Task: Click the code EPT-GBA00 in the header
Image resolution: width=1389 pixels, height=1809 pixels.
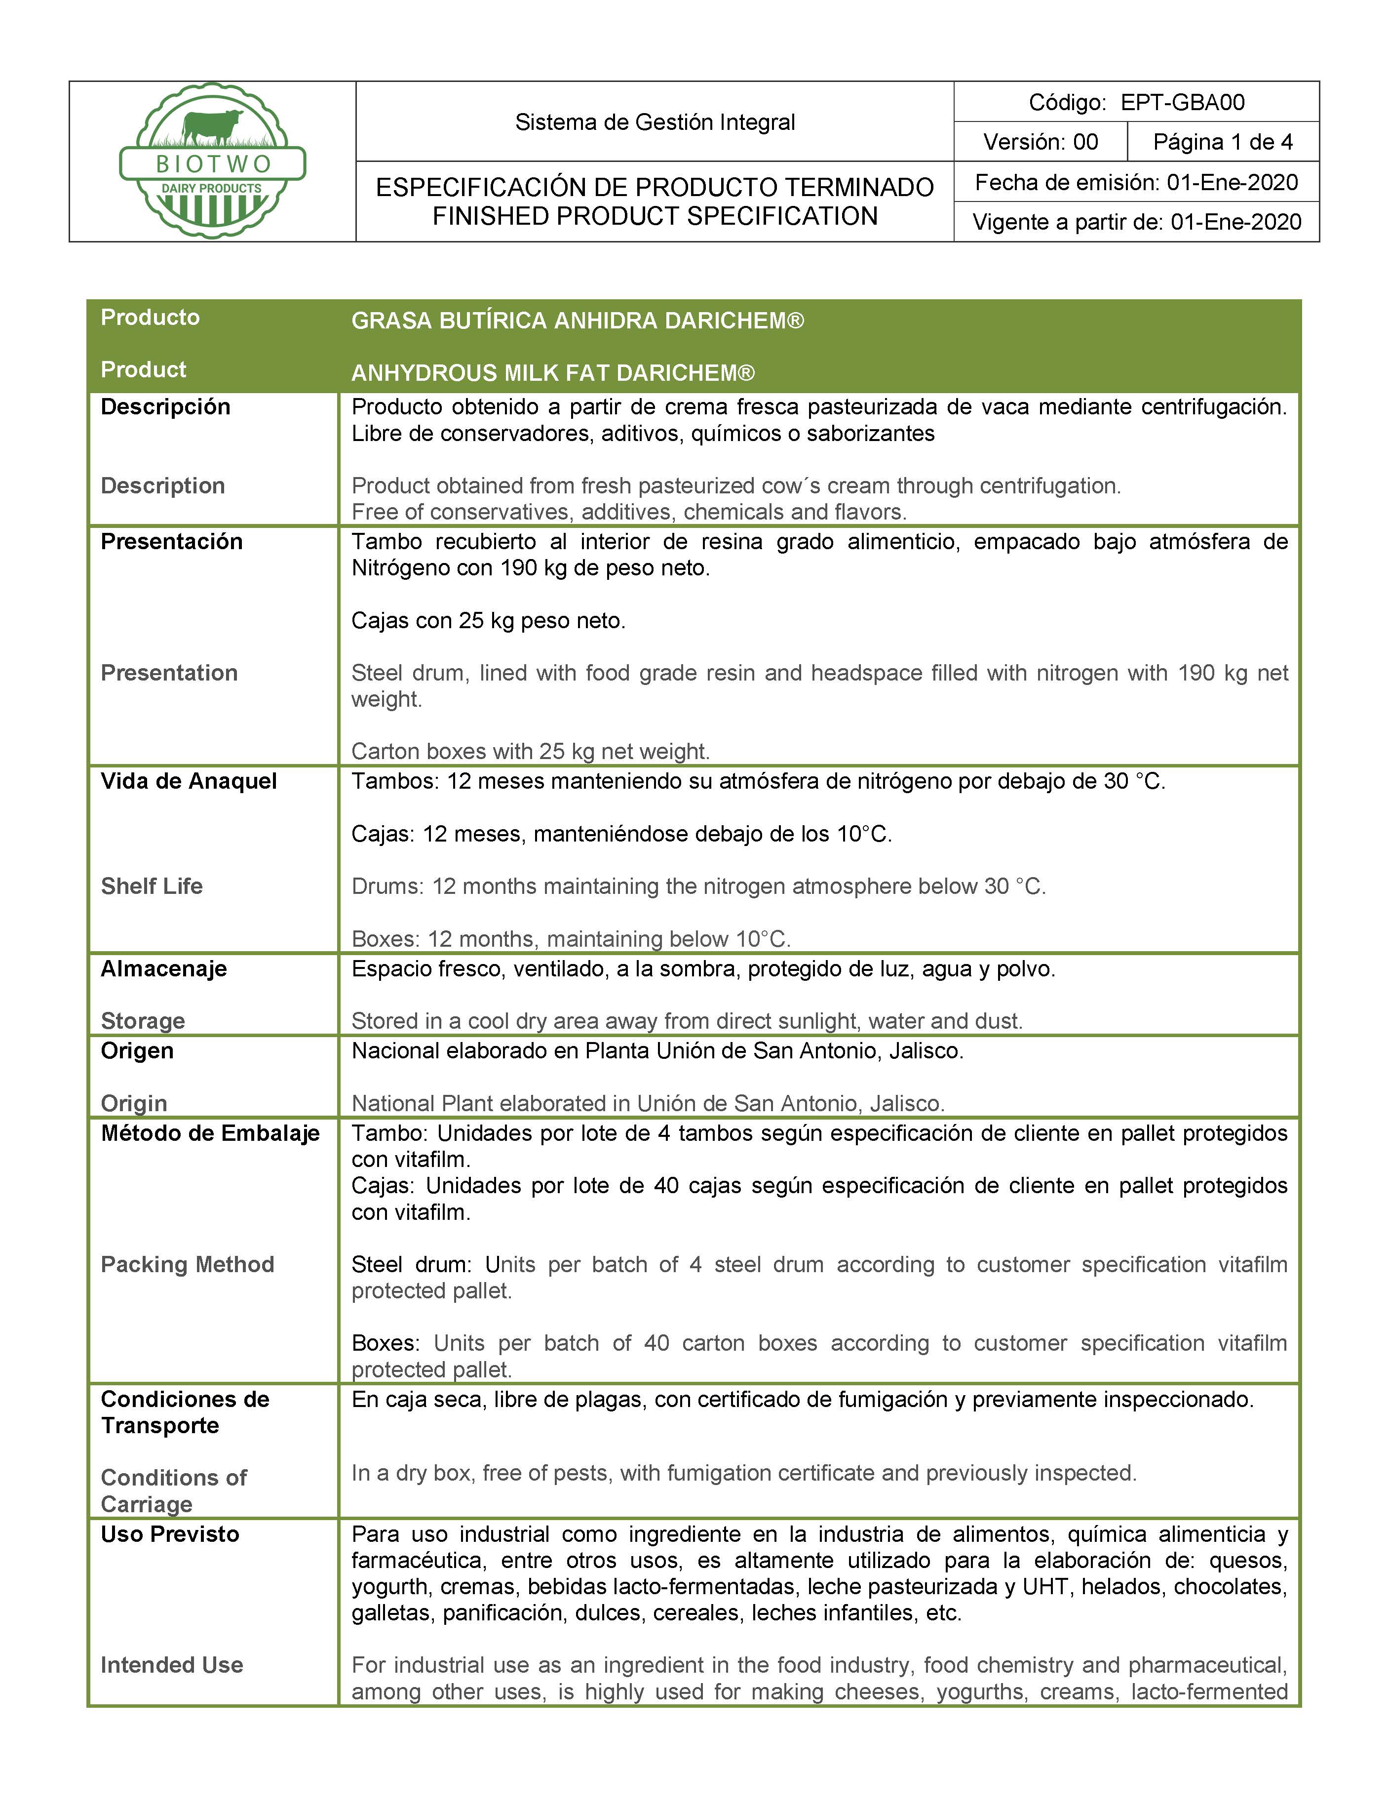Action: (1182, 103)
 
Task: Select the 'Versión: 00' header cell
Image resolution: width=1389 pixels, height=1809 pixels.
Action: (1040, 142)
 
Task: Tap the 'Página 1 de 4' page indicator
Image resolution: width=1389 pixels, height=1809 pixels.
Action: (1222, 142)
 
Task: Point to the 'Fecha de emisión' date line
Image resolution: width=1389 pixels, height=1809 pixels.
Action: (1136, 182)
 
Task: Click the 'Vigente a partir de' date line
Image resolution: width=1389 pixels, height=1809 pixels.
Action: (1136, 222)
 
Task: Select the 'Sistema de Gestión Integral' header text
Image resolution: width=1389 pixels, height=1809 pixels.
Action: (655, 122)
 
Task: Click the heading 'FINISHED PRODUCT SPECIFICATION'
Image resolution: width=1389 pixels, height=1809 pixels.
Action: (655, 217)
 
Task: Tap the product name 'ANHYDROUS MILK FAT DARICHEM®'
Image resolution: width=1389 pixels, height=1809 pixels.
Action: (552, 373)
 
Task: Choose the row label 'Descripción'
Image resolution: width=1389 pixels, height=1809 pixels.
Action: (165, 407)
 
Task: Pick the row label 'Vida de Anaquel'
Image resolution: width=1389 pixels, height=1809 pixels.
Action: (189, 781)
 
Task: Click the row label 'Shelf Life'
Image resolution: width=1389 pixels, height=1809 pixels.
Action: (152, 886)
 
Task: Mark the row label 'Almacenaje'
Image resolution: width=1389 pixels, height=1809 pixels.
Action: (164, 968)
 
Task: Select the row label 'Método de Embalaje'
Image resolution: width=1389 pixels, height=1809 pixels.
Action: (210, 1133)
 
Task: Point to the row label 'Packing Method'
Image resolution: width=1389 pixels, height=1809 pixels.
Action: (187, 1264)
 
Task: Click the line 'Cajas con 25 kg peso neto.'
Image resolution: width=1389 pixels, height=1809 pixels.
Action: (488, 620)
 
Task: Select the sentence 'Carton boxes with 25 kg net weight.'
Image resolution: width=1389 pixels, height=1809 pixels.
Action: (530, 751)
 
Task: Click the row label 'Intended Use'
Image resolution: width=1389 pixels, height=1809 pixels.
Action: (172, 1665)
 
